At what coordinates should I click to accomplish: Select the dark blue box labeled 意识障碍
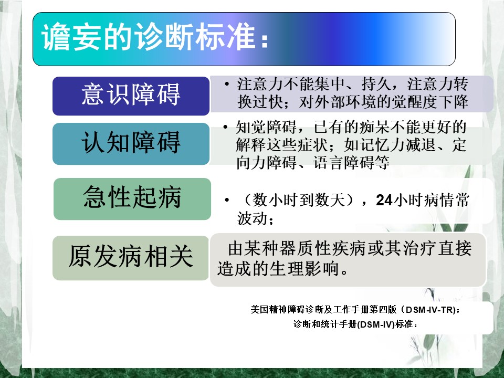[x=131, y=96]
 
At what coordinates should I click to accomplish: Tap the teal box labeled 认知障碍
[x=131, y=144]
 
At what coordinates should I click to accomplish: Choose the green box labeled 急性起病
[x=132, y=199]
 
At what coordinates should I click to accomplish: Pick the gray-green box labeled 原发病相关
[x=131, y=258]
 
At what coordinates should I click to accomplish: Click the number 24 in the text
[x=384, y=200]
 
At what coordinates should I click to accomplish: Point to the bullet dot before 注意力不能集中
[x=227, y=84]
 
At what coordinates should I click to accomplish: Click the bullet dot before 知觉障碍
[x=226, y=127]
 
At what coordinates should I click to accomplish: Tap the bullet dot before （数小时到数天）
[x=227, y=200]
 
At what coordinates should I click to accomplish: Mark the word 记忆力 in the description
[x=383, y=145]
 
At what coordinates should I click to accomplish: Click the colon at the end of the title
[x=265, y=41]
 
